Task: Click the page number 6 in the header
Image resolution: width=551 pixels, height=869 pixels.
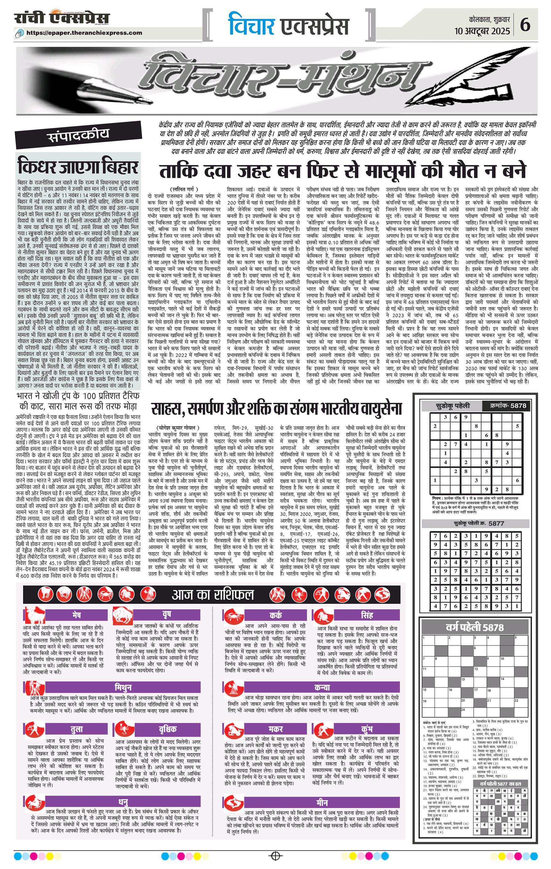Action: point(525,25)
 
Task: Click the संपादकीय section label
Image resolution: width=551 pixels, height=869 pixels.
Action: point(78,136)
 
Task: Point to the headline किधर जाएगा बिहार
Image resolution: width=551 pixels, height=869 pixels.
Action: point(78,167)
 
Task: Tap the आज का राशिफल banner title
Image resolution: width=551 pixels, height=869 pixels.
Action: point(213,595)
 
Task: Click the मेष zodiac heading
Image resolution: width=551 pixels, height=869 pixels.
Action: point(76,615)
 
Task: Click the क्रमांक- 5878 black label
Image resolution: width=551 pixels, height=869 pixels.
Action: point(508,405)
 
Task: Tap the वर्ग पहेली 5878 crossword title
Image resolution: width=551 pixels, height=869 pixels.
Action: point(475,628)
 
